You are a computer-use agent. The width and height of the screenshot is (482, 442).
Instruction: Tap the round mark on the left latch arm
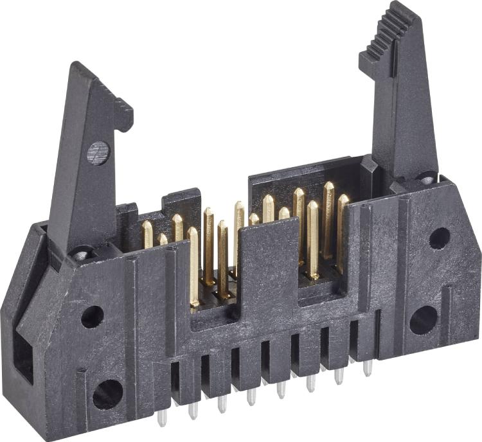(98, 153)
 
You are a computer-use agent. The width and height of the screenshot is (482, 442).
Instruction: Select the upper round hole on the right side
(440, 238)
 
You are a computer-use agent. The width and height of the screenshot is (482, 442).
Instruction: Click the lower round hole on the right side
(424, 319)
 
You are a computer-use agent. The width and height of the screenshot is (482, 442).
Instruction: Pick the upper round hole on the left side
(92, 316)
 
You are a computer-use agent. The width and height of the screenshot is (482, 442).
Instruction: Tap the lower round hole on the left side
(107, 393)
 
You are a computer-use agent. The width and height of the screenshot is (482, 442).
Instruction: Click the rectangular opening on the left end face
(23, 359)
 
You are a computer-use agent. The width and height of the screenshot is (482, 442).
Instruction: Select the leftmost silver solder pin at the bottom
(162, 418)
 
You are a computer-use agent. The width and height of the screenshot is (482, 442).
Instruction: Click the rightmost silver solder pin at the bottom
(368, 367)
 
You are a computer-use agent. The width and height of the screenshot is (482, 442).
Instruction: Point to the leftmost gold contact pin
(147, 234)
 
